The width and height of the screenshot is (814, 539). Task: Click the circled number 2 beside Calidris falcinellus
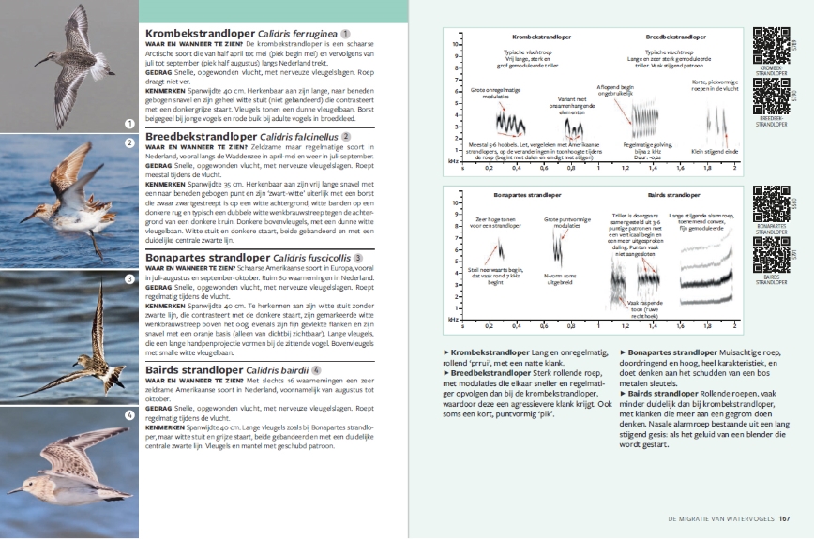tap(345, 136)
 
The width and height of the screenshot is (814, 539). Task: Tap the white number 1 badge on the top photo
tap(129, 123)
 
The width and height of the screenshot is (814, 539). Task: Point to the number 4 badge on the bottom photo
tap(129, 414)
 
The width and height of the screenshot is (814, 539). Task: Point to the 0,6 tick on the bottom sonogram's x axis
tap(543, 327)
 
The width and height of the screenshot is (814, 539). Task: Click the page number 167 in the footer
tap(785, 517)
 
